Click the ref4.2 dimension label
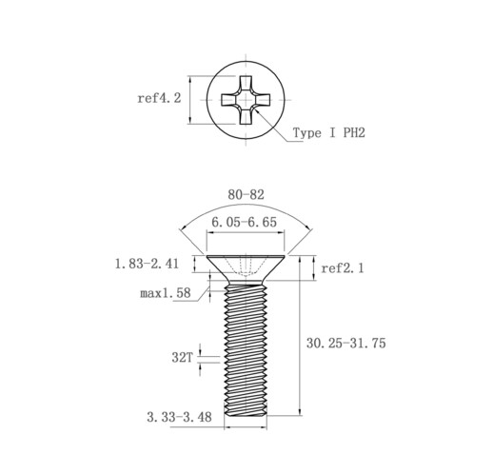159,98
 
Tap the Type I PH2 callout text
329,132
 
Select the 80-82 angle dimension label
246,195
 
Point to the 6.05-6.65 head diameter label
244,222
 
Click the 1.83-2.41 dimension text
147,264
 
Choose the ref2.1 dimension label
343,268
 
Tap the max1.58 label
166,293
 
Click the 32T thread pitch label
182,358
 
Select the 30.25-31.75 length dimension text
346,343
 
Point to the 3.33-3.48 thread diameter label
179,417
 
